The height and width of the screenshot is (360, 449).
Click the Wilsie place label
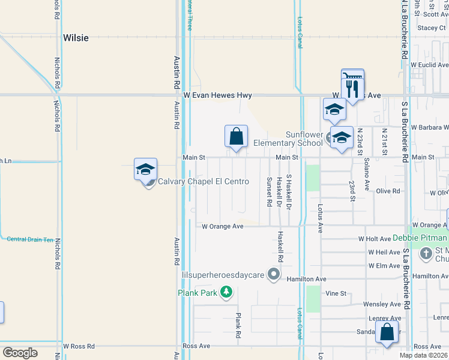(76, 38)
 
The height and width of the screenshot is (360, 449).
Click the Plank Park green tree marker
(226, 293)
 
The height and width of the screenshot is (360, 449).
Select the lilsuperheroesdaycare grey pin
(274, 275)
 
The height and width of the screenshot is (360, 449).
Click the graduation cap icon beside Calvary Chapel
(145, 169)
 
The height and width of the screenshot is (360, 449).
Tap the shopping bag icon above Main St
(237, 136)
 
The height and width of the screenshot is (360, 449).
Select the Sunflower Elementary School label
(288, 139)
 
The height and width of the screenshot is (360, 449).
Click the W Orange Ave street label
(222, 227)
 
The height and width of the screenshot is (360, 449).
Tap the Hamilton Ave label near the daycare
(306, 280)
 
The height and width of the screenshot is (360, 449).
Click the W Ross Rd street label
(79, 346)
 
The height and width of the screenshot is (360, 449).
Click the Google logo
(20, 353)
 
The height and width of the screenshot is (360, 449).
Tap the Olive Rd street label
(388, 191)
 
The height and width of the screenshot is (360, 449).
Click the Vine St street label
(336, 293)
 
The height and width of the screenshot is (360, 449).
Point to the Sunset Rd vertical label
(270, 191)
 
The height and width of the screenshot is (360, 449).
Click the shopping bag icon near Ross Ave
(387, 332)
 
